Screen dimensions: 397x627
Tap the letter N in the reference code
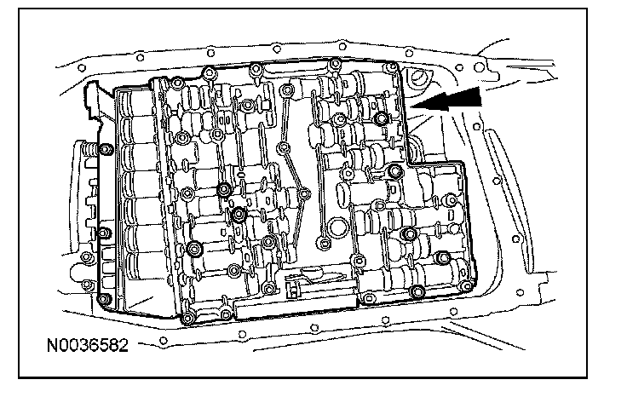tap(54, 346)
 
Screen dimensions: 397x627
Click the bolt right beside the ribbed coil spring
tap(104, 151)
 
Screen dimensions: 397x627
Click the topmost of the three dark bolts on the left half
tap(224, 189)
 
